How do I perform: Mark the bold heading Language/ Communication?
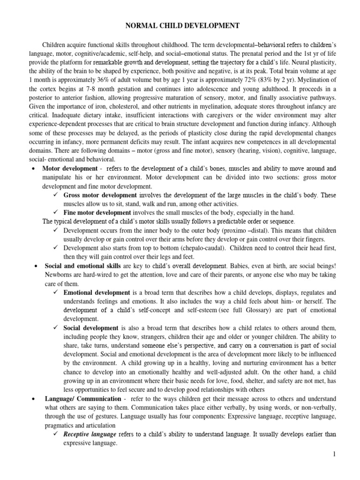coord(80,398)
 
